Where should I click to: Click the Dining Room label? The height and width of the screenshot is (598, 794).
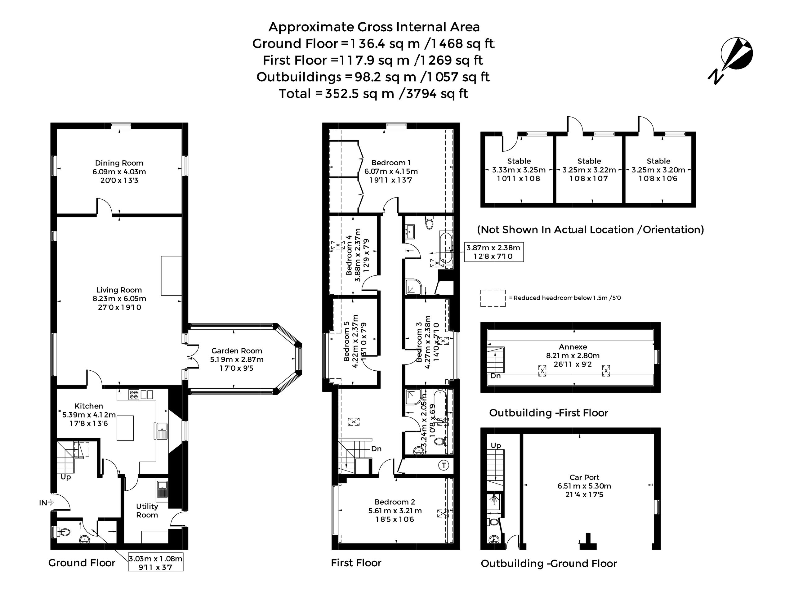click(119, 163)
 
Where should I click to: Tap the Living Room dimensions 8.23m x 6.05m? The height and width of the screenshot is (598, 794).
click(119, 299)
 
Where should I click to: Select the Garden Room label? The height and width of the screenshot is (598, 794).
click(237, 351)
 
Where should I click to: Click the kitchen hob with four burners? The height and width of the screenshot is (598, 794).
click(134, 395)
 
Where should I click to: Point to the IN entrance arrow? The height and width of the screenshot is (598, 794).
click(50, 502)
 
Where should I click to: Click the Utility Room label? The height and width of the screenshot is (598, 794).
click(147, 511)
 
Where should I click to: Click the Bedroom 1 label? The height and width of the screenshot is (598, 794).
click(391, 163)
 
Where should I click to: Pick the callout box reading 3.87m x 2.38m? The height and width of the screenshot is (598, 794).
click(494, 252)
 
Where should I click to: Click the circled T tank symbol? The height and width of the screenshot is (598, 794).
click(444, 466)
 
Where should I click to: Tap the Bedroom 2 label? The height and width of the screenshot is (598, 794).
click(395, 502)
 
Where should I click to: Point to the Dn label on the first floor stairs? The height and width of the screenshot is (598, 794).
click(376, 449)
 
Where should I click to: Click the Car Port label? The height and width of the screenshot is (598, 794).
click(584, 477)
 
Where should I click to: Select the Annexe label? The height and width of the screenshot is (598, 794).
click(573, 347)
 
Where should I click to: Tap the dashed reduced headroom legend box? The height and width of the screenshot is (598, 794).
click(493, 298)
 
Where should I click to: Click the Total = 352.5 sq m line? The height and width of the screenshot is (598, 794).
click(374, 94)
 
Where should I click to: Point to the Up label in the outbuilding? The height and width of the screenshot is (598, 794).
click(496, 445)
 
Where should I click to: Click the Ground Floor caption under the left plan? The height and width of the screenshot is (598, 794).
click(82, 563)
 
